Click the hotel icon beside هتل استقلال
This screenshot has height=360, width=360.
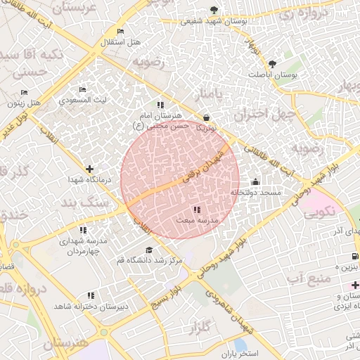tap(121, 32)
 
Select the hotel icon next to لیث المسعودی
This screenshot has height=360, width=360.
tap(82, 89)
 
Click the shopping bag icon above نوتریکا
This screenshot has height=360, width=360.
tap(206, 117)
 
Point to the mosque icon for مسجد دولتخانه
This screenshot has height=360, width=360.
tap(254, 182)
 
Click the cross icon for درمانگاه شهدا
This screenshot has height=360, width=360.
tap(89, 169)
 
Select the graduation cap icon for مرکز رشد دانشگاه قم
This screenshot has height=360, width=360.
tap(148, 250)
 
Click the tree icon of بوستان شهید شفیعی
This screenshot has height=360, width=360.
tap(214, 9)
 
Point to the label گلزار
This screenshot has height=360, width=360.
tap(201, 328)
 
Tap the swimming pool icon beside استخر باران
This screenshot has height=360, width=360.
tap(240, 345)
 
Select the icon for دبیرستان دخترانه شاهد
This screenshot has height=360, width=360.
tap(90, 296)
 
